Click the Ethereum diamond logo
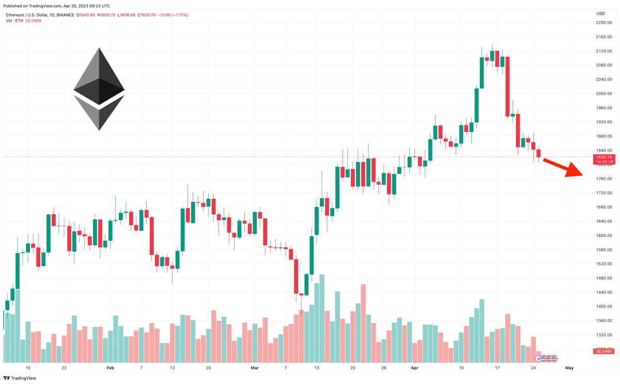(99, 89)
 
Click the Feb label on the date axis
(110, 368)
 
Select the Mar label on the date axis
(254, 368)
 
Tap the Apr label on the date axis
(414, 368)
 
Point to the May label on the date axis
(569, 368)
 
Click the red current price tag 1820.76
(604, 157)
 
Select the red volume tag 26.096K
(603, 351)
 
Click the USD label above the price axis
(600, 13)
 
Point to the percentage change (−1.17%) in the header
(179, 15)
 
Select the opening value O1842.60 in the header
(85, 15)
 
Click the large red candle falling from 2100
(507, 86)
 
